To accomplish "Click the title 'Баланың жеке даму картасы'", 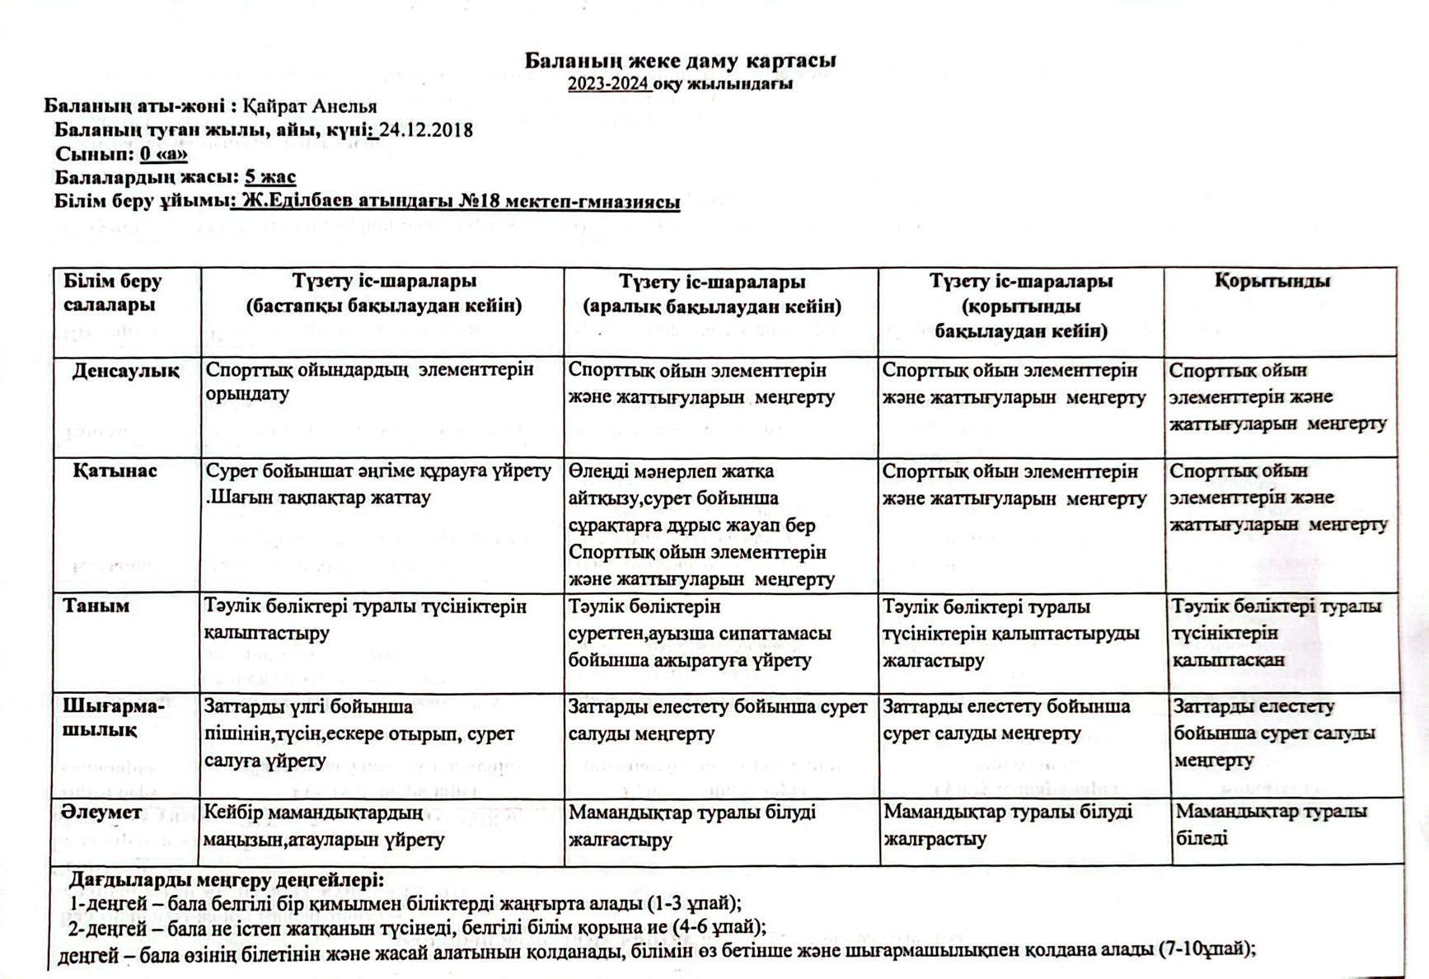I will click(680, 61).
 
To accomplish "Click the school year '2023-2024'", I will click(607, 84).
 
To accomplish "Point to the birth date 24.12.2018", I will click(426, 130).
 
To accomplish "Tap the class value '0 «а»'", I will click(163, 154).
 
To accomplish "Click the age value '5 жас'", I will click(269, 177).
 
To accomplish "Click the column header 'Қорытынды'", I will click(1272, 281).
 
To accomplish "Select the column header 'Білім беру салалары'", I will click(113, 293).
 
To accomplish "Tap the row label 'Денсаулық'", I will click(125, 371).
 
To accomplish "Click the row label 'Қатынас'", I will click(115, 471).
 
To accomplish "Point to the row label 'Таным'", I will click(96, 606).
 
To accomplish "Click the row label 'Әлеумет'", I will click(101, 813).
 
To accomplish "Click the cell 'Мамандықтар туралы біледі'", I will click(1271, 825).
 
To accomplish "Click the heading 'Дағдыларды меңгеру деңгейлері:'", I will click(227, 879).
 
